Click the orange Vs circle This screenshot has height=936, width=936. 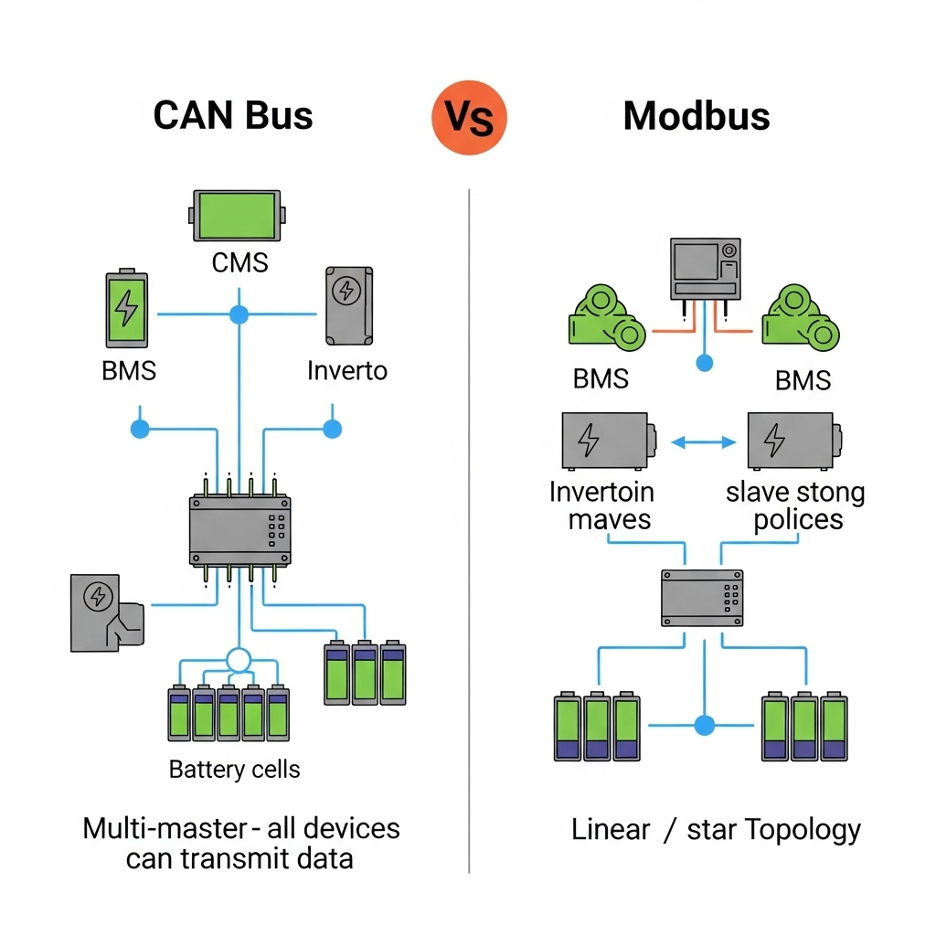click(468, 117)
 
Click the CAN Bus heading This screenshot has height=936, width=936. click(233, 116)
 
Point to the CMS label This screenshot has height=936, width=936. click(239, 263)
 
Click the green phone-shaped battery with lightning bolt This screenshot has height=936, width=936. click(126, 309)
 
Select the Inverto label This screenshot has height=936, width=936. click(347, 370)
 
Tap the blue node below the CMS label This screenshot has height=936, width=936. click(239, 315)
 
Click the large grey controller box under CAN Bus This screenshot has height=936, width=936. click(239, 530)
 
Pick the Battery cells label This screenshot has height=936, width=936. click(235, 770)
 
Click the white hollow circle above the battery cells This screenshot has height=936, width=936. click(239, 660)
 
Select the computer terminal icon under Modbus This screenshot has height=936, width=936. click(705, 269)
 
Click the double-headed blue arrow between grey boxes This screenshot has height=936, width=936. click(703, 442)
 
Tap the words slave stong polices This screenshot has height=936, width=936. click(795, 506)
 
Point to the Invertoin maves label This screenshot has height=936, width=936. click(601, 506)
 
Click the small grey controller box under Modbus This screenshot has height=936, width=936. click(702, 599)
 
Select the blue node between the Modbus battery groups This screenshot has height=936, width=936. click(704, 726)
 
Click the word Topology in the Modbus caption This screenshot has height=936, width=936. click(803, 830)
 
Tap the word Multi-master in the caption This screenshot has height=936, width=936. click(165, 829)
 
